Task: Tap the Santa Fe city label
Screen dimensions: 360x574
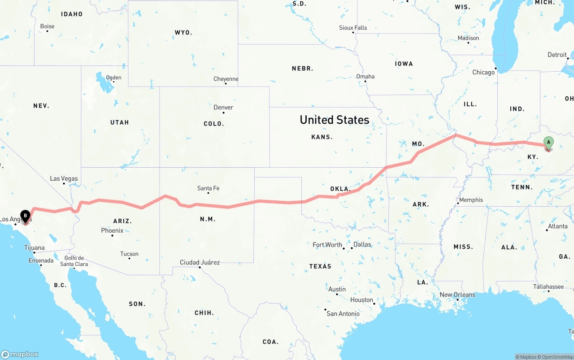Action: pyautogui.click(x=208, y=188)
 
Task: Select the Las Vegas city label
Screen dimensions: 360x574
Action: pyautogui.click(x=64, y=178)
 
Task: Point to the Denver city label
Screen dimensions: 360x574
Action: pyautogui.click(x=223, y=107)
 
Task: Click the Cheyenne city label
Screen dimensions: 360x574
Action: pyautogui.click(x=226, y=79)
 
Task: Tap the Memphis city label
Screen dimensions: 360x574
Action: pyautogui.click(x=471, y=200)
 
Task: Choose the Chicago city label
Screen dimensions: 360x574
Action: pyautogui.click(x=483, y=72)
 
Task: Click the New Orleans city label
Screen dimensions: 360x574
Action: pyautogui.click(x=457, y=295)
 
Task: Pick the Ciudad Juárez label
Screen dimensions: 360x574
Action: pyautogui.click(x=200, y=262)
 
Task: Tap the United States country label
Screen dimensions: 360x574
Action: pyautogui.click(x=335, y=120)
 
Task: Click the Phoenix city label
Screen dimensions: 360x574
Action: pyautogui.click(x=112, y=230)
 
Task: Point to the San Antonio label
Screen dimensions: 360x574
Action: pyautogui.click(x=343, y=313)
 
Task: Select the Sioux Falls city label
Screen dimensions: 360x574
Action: pyautogui.click(x=353, y=28)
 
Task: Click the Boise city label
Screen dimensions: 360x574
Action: pyautogui.click(x=47, y=26)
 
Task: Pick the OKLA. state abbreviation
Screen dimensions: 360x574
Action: pyautogui.click(x=340, y=189)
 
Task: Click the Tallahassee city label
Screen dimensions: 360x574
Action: pyautogui.click(x=548, y=286)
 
